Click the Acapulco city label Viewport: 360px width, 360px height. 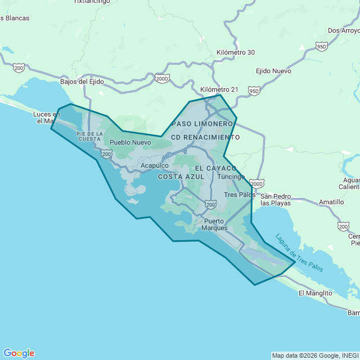tap(155, 165)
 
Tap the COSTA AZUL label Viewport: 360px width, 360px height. tap(178, 177)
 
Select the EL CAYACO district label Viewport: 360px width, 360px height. tap(217, 168)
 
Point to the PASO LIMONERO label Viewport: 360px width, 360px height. tap(202, 123)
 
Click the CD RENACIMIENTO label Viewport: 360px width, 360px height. tap(205, 137)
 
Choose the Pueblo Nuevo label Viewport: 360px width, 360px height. tap(130, 142)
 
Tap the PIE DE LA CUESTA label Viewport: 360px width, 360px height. tap(90, 136)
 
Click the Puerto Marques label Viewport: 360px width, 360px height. tap(215, 224)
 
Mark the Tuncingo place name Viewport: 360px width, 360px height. tap(231, 177)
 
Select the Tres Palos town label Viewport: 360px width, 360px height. tap(240, 195)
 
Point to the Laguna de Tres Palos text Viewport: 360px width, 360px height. tap(299, 253)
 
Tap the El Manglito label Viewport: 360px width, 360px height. tap(316, 293)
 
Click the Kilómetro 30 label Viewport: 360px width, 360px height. tap(236, 52)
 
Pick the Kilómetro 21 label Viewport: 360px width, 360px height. tap(219, 89)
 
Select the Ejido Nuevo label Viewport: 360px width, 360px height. tap(273, 71)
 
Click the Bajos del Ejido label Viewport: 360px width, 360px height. tap(83, 82)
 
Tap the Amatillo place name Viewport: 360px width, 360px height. tap(331, 202)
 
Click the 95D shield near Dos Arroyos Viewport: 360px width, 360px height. tap(321, 46)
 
